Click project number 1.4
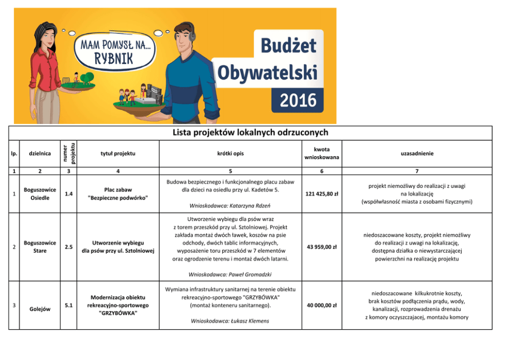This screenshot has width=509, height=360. tap(68, 194)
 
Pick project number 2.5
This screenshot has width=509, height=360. tap(68, 247)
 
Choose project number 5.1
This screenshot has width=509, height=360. tap(68, 305)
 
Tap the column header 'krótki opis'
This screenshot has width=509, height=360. tap(230, 153)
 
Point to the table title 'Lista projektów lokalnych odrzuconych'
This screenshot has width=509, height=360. tap(250, 133)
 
